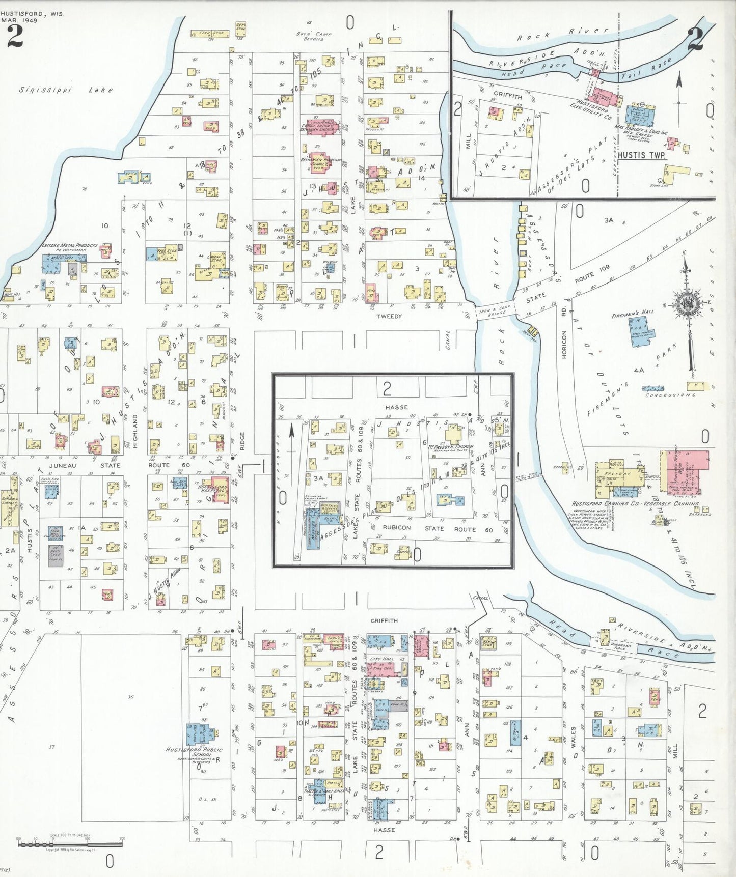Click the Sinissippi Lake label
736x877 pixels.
[66, 90]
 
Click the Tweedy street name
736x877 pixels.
[389, 316]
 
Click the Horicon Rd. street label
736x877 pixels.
[564, 345]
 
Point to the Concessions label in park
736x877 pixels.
[670, 395]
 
